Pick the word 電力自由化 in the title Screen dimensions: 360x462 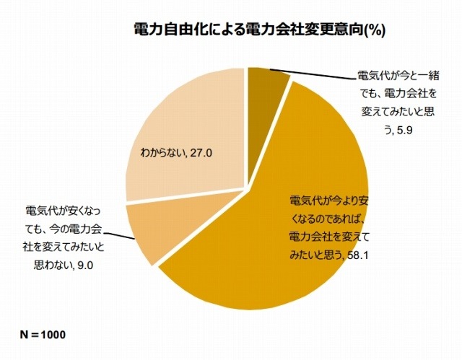(163, 30)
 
